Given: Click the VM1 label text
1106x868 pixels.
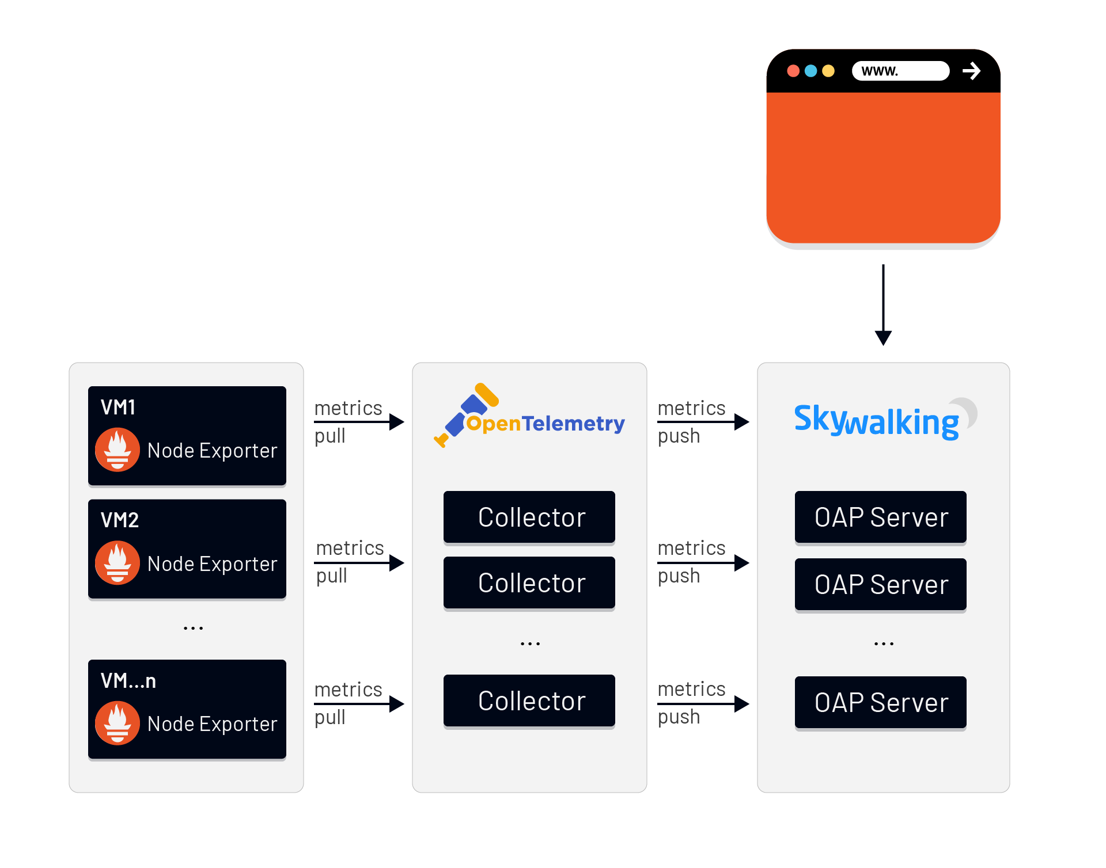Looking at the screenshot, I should (118, 408).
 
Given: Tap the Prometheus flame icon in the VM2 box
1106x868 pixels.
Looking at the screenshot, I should (118, 562).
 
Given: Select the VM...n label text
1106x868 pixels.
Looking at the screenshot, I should (128, 681).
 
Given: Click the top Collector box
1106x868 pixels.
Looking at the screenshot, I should (529, 517).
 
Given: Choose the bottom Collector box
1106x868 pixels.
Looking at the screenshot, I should (529, 701).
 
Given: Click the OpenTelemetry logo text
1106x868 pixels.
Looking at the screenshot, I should (545, 424).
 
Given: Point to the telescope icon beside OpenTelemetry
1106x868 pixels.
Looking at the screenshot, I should (464, 414).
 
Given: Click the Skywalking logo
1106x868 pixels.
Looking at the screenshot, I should (877, 420).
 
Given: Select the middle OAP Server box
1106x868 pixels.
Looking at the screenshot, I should (880, 584).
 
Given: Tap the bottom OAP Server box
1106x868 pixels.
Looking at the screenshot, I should (880, 702).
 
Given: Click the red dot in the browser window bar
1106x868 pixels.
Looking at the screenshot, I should (793, 71).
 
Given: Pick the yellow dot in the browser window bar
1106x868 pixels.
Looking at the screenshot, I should (828, 71).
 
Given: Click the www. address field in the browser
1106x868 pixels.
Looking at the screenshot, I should (900, 71).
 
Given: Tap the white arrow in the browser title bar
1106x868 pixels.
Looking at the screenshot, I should (971, 71).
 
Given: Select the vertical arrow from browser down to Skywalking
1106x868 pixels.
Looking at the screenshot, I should (883, 305).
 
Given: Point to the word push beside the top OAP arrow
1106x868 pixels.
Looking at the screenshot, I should (679, 436).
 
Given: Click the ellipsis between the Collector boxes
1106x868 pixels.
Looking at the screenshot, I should (530, 644).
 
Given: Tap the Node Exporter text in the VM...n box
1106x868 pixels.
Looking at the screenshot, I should (212, 724).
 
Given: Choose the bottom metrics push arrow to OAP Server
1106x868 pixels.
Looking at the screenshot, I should (703, 703).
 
